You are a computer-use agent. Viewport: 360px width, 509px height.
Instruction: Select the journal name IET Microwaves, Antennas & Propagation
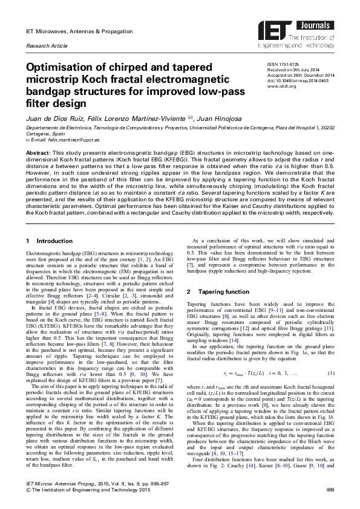coord(74,30)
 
